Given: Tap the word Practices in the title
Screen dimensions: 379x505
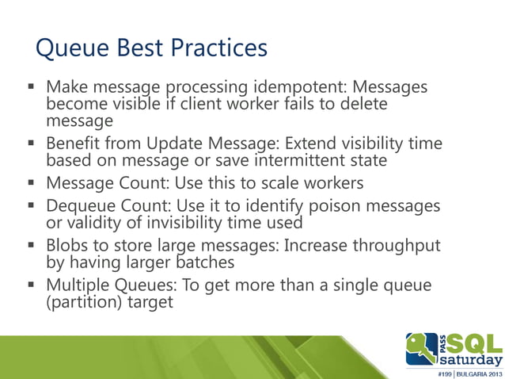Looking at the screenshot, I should (x=218, y=49).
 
